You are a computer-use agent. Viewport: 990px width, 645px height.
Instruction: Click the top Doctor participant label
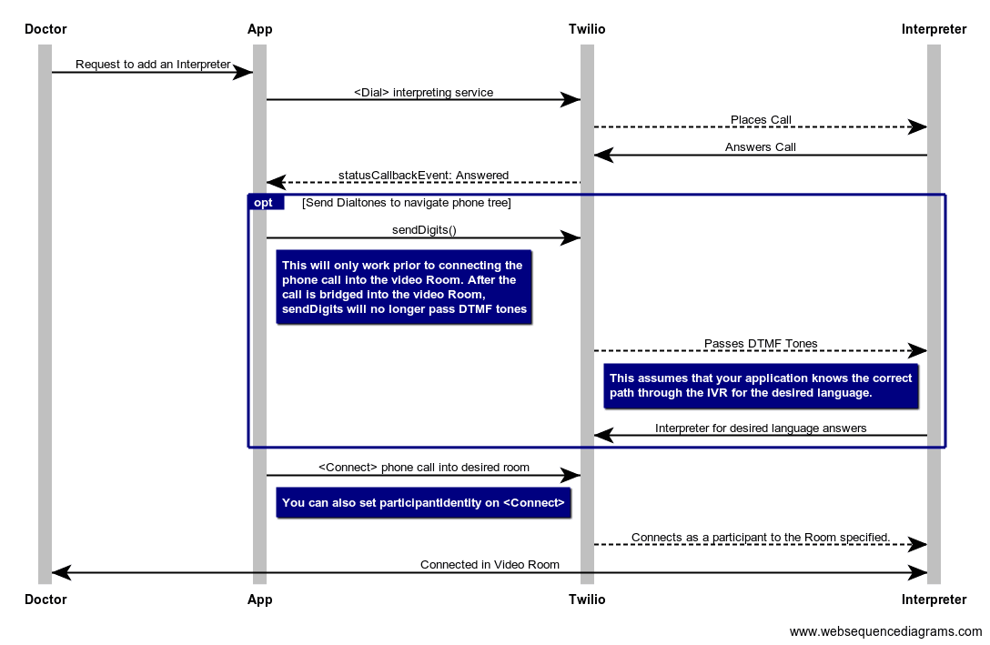click(x=45, y=29)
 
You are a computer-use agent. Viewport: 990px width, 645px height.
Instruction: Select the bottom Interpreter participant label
click(x=934, y=600)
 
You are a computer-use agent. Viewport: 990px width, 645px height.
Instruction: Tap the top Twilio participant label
click(x=587, y=29)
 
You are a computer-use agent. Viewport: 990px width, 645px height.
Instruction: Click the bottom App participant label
click(x=259, y=600)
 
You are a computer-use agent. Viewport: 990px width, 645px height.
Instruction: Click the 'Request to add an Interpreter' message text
click(x=153, y=65)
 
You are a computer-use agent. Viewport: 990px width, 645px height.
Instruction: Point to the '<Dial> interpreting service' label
click(x=423, y=93)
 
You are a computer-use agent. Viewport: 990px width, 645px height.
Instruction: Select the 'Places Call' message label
click(x=761, y=120)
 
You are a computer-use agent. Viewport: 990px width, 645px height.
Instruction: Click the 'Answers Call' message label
click(x=761, y=147)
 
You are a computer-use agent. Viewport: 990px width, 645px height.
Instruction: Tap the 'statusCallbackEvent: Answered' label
click(x=423, y=176)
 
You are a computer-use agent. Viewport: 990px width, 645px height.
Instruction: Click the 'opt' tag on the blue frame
click(x=264, y=203)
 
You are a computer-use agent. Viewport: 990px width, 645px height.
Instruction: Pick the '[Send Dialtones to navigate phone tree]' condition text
click(x=406, y=203)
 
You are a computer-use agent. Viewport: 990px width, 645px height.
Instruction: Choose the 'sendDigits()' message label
click(x=423, y=230)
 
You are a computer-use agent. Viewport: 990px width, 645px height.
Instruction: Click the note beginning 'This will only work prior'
click(x=404, y=287)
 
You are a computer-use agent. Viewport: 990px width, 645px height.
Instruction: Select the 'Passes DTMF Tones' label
click(x=761, y=344)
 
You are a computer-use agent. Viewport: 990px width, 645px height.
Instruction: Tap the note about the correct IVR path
click(x=761, y=386)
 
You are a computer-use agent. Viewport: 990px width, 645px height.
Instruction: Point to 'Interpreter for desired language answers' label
click(x=761, y=428)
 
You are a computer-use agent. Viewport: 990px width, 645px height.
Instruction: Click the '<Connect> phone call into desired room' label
click(x=423, y=468)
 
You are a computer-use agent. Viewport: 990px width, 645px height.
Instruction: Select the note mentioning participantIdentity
click(x=423, y=503)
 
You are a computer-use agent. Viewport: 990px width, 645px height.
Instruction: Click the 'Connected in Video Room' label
click(x=490, y=565)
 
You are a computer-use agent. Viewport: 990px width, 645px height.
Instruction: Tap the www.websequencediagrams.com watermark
click(x=885, y=632)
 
